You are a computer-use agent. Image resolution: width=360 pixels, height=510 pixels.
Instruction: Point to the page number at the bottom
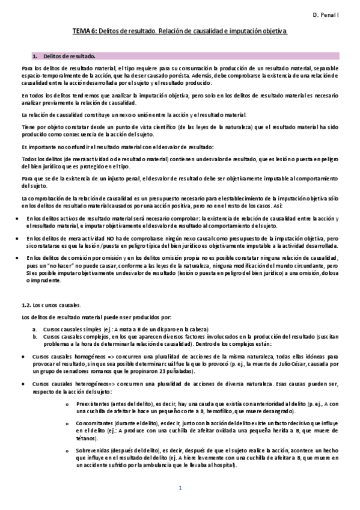(180, 488)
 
